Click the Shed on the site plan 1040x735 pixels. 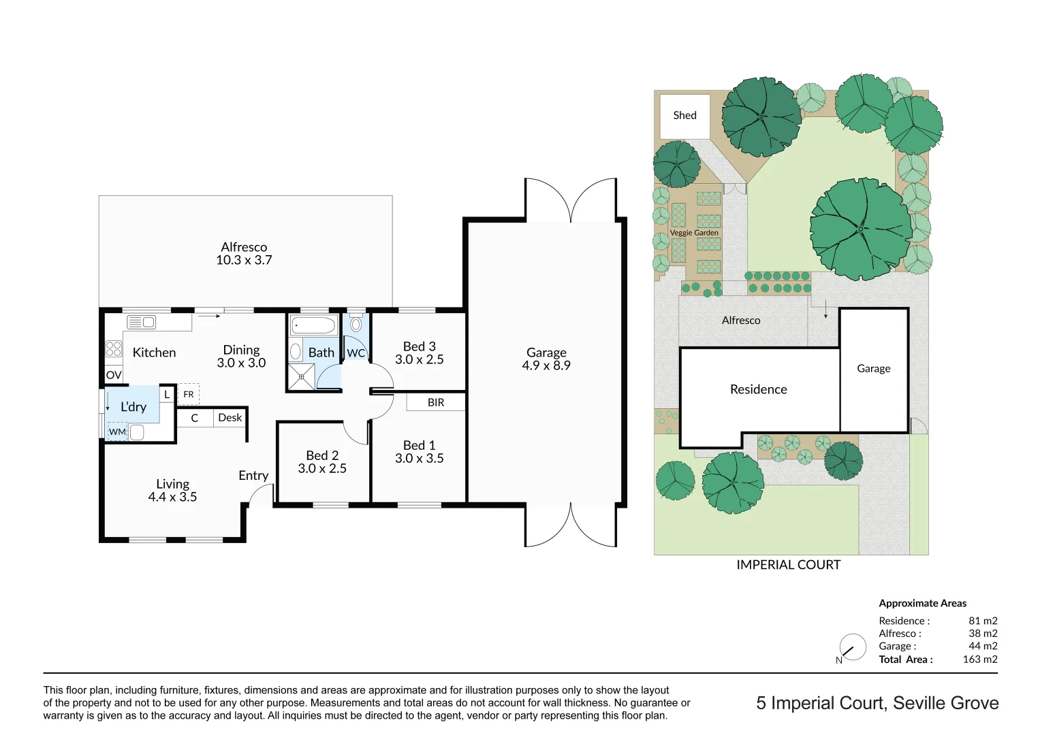point(684,116)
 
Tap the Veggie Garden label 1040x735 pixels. point(694,233)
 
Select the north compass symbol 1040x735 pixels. point(852,647)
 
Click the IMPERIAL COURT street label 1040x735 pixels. point(788,565)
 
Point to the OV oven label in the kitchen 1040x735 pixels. point(114,375)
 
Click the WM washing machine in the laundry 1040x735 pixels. point(118,432)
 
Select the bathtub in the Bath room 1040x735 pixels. point(313,325)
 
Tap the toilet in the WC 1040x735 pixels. point(356,324)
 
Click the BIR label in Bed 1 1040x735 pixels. point(436,402)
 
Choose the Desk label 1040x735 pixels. point(230,418)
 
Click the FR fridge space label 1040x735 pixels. point(189,395)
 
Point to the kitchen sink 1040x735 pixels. point(142,323)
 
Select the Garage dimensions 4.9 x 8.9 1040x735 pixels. point(546,365)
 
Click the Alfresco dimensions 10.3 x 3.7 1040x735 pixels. point(244,260)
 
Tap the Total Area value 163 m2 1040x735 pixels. point(980,659)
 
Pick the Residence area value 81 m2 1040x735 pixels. point(983,621)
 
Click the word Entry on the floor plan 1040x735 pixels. point(253,476)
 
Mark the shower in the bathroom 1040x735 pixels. point(301,377)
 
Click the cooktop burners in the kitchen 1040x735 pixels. point(114,349)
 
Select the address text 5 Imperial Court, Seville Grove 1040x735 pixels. point(877,703)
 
